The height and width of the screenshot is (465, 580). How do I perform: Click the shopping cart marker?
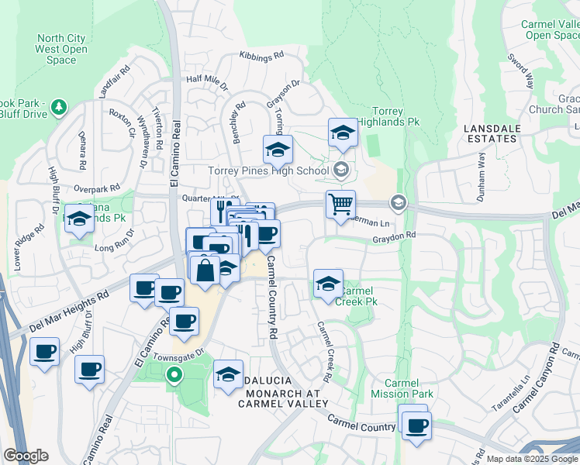tap(340, 205)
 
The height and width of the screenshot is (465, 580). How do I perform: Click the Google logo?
tap(26, 456)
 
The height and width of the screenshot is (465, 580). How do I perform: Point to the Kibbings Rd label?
tap(262, 57)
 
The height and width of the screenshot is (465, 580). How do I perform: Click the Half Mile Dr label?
tap(207, 79)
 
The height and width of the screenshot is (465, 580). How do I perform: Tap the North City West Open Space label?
tap(61, 49)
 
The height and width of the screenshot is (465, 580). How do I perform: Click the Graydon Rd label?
tap(394, 235)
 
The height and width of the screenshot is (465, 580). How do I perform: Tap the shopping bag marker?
tap(205, 272)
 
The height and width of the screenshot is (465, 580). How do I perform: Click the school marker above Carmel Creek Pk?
tap(328, 284)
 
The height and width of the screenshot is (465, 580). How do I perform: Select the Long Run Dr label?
tap(114, 248)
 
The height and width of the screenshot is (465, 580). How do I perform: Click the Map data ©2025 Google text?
tap(533, 459)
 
